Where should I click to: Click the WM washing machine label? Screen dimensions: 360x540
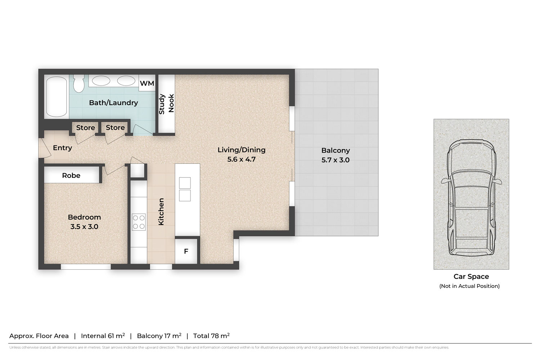point(147,84)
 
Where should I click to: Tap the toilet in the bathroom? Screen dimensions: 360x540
point(78,84)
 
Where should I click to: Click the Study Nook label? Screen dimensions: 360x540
point(166,104)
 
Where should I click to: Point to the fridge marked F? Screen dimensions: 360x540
point(186,251)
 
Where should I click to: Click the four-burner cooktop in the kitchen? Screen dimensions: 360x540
point(139,222)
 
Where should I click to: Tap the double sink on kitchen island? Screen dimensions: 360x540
point(185,189)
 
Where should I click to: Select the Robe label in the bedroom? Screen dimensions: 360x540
point(71,175)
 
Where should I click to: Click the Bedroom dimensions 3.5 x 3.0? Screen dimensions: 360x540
point(84,226)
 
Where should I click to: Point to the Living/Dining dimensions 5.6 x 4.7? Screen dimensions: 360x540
point(241,159)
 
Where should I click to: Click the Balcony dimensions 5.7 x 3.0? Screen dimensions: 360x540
point(335,160)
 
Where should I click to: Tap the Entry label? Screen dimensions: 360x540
point(62,148)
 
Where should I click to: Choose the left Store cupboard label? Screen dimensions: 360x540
point(85,127)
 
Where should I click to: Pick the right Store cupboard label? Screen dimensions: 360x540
point(115,127)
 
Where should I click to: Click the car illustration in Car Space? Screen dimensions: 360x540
point(471,197)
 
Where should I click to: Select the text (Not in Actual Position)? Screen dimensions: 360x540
point(469,286)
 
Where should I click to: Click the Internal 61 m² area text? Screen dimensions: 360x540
point(103,336)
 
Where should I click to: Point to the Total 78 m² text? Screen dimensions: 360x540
point(211,336)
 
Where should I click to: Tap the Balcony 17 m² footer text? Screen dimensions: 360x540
point(159,336)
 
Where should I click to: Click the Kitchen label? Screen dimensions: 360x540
point(161,212)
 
